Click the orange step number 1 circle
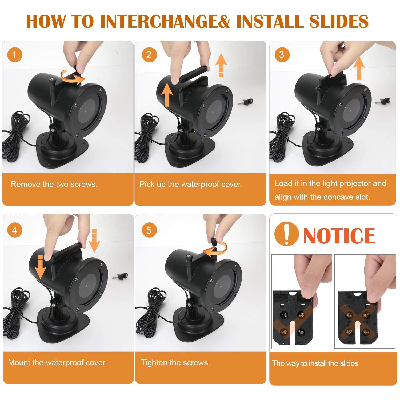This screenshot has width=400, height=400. [x=15, y=55]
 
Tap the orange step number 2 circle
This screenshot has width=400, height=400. [x=149, y=55]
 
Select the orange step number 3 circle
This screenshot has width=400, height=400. [x=282, y=55]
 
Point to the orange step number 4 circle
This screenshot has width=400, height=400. [x=15, y=230]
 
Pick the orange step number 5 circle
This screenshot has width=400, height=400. [x=149, y=230]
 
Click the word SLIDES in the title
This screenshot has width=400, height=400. [x=339, y=21]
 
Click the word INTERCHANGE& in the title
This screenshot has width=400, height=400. [x=165, y=21]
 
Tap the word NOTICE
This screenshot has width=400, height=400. [x=339, y=235]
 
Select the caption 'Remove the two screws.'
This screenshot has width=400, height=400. [x=54, y=184]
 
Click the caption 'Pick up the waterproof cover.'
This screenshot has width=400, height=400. [x=191, y=184]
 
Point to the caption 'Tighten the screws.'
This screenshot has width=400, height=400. [x=175, y=363]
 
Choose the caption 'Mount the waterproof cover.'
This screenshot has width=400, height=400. [x=58, y=363]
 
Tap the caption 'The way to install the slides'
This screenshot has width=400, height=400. [x=315, y=363]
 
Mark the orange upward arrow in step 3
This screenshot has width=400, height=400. [x=359, y=68]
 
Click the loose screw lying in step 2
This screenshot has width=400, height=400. [x=246, y=102]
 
